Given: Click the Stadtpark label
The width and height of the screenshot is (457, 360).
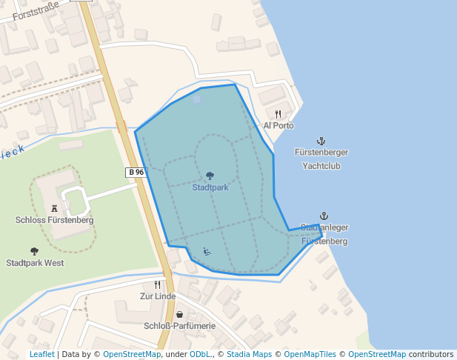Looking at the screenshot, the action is point(210,187).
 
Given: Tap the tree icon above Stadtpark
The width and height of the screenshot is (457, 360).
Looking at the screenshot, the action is point(210,176).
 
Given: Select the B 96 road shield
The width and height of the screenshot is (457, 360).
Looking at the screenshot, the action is point(136,172).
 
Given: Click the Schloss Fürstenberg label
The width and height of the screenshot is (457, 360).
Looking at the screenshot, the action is point(54,220).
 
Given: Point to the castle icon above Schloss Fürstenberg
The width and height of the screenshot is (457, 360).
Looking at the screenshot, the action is point(54,209).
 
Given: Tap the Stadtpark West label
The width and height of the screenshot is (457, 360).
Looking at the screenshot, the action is point(35,263).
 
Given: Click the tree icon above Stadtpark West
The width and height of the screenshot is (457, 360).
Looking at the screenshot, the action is point(34,252).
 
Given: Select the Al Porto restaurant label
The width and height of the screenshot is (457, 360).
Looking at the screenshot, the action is point(278,126).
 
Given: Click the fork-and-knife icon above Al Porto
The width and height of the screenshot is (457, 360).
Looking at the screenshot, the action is point(278,115).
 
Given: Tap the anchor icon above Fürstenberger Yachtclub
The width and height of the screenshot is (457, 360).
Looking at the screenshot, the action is point(321,141).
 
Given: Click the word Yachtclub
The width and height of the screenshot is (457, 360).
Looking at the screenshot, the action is point(321,166).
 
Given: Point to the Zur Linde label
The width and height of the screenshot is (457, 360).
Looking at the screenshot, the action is point(158,296).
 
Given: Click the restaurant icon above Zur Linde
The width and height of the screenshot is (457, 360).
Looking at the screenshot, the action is point(157,285).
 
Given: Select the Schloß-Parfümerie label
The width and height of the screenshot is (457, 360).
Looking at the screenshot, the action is point(179,326).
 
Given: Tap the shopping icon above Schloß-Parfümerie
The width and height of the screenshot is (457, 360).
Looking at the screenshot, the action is point(179,315).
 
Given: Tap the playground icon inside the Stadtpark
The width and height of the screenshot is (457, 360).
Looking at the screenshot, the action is point(207,252).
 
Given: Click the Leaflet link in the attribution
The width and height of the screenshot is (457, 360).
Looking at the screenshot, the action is point(41,355).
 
